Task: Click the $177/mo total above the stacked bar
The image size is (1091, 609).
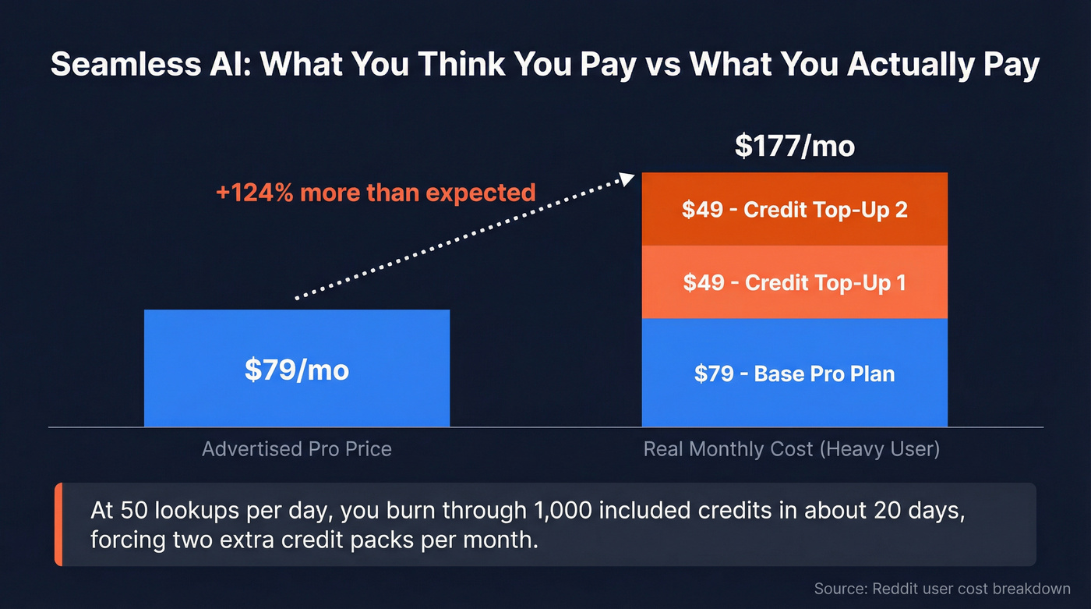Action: pos(794,146)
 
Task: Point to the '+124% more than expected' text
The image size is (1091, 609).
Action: pos(376,192)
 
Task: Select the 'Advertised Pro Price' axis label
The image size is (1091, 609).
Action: pos(296,449)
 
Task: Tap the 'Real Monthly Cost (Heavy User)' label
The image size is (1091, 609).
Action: pos(791,449)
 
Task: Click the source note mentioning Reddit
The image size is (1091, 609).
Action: pos(941,589)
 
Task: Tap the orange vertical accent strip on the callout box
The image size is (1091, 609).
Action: pos(58,524)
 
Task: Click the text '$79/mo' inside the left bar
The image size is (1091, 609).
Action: pos(296,370)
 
